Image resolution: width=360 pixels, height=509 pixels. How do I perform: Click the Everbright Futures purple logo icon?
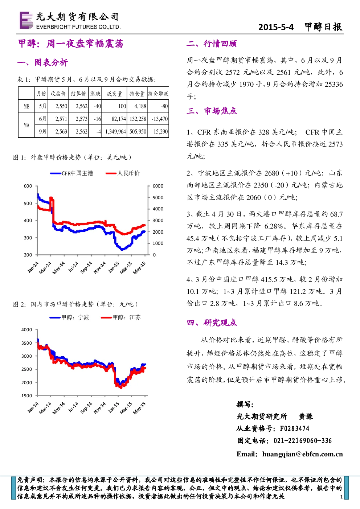(26, 20)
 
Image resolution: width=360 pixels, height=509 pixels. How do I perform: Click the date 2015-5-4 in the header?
(276, 27)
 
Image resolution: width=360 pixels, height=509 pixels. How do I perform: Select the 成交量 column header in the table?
(114, 94)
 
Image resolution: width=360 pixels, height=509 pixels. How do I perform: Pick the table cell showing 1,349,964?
(115, 132)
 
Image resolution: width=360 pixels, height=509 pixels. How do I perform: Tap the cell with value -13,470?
(160, 119)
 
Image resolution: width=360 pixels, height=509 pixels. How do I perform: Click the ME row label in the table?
(26, 106)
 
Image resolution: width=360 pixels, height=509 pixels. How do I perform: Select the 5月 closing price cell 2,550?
(61, 106)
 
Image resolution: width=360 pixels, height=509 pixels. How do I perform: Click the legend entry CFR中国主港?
(71, 173)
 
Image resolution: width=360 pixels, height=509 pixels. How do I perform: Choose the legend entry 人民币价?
(123, 173)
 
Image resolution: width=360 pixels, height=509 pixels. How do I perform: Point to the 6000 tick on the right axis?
(158, 186)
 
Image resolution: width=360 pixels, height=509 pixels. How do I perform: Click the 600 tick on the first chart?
(28, 186)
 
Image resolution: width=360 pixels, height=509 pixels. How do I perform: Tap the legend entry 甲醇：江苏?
(121, 317)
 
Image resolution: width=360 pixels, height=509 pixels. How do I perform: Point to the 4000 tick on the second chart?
(26, 330)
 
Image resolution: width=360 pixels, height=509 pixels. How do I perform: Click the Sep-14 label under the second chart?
(86, 407)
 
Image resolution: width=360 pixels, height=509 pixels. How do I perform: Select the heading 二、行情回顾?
(212, 44)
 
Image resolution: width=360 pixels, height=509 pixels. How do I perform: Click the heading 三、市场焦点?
(212, 111)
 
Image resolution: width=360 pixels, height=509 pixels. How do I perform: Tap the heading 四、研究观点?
(212, 323)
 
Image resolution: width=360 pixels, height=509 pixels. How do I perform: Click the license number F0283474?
(295, 428)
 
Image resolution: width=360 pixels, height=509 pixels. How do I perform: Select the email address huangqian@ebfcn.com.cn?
(303, 454)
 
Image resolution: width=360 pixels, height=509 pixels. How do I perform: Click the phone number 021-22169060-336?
(303, 441)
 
